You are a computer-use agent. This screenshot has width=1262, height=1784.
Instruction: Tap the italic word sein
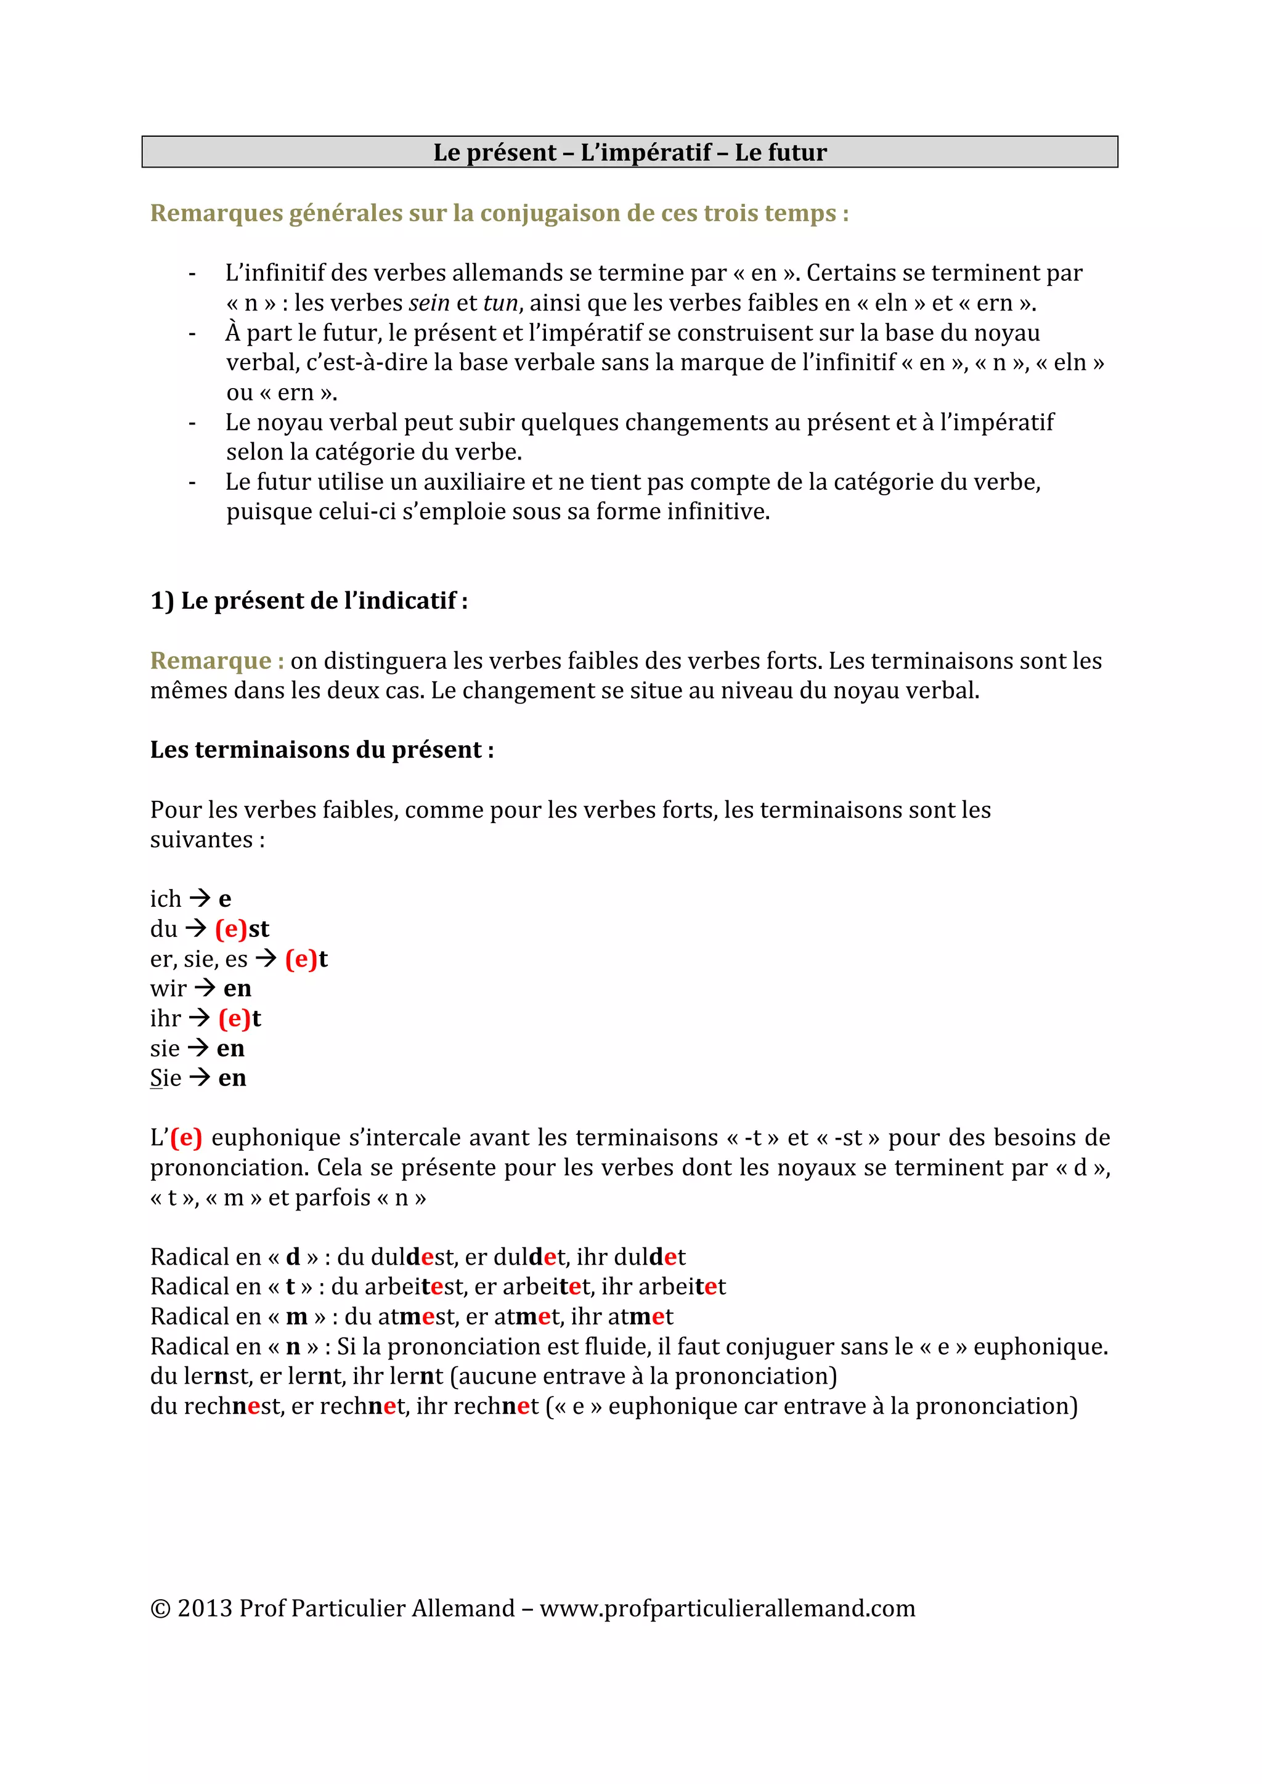pyautogui.click(x=429, y=302)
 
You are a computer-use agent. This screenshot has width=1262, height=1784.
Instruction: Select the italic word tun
pyautogui.click(x=500, y=302)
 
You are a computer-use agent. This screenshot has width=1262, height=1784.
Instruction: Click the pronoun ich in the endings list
pyautogui.click(x=166, y=899)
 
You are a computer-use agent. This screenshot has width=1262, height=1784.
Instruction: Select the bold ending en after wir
pyautogui.click(x=237, y=988)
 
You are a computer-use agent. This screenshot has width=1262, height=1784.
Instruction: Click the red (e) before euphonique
pyautogui.click(x=187, y=1138)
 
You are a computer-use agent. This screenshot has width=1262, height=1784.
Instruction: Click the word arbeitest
pyautogui.click(x=413, y=1287)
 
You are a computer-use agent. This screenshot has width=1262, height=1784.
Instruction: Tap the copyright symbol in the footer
pyautogui.click(x=160, y=1608)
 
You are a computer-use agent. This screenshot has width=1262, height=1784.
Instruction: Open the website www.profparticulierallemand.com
pyautogui.click(x=727, y=1608)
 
